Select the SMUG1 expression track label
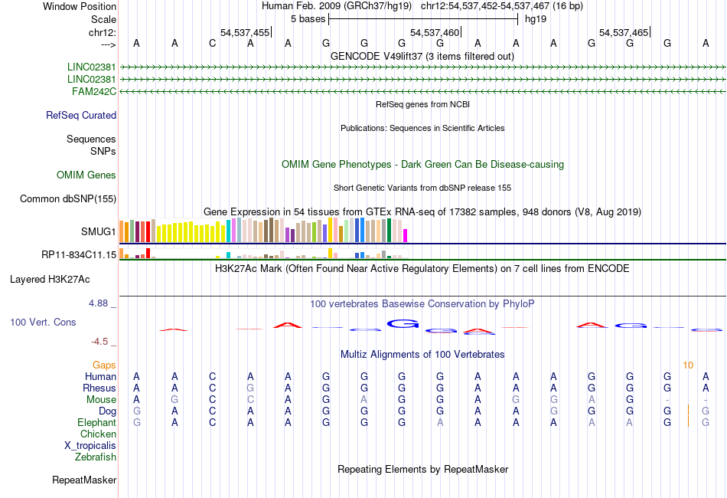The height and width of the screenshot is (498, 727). click(99, 231)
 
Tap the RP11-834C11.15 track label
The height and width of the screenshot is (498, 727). click(79, 255)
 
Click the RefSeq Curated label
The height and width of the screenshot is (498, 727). click(81, 116)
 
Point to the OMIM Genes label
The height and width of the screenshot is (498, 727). click(86, 175)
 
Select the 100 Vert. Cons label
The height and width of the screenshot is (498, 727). click(43, 323)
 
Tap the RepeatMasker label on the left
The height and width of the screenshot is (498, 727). click(84, 480)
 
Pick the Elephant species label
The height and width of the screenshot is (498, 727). click(96, 423)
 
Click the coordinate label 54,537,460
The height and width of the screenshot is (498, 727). click(435, 33)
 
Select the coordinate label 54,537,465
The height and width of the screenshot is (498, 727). click(624, 33)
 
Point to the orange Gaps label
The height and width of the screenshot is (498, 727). click(104, 365)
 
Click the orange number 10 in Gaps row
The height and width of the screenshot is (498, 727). click(688, 365)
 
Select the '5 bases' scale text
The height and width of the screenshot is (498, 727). click(307, 18)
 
